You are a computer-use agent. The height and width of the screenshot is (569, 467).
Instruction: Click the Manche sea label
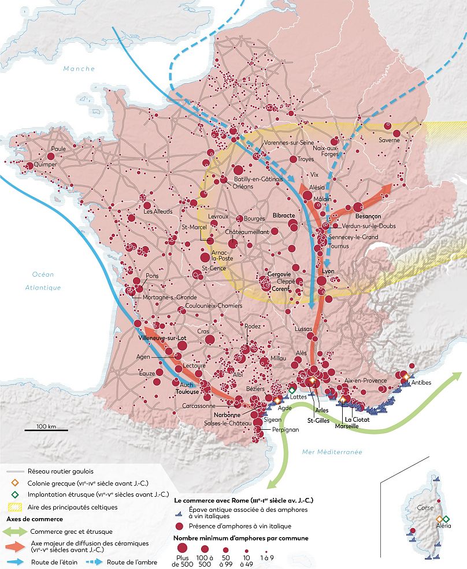click(79, 69)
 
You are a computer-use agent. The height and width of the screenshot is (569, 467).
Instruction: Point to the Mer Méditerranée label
click(332, 452)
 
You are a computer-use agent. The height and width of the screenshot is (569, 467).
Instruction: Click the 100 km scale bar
click(46, 429)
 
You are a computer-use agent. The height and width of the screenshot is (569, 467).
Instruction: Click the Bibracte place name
click(284, 215)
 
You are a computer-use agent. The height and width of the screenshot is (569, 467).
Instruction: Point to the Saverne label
click(390, 139)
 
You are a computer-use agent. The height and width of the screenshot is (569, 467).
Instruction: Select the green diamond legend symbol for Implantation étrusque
click(14, 495)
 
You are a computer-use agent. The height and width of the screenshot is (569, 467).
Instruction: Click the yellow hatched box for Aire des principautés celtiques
click(14, 507)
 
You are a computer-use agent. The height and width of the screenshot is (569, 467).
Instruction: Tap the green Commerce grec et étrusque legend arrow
click(14, 531)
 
